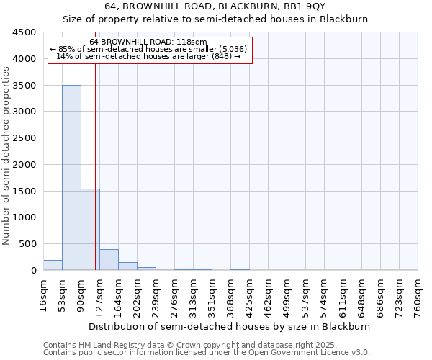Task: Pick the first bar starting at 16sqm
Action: click(x=53, y=265)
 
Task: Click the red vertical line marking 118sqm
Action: click(x=95, y=158)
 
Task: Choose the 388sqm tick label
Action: click(x=230, y=295)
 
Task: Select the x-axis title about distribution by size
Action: click(x=230, y=326)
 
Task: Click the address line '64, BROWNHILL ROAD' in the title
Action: click(x=215, y=6)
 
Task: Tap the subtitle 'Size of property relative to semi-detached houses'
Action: click(x=215, y=19)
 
